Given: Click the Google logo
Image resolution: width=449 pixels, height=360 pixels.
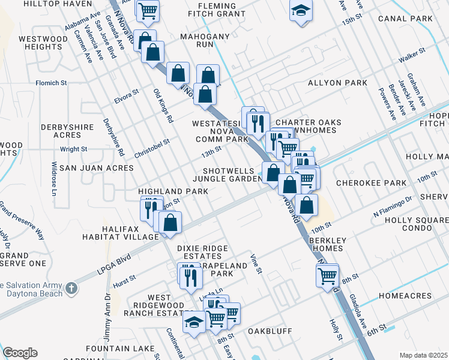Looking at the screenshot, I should click(x=20, y=353).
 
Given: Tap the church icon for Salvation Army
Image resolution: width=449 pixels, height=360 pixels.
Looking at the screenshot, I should click(x=71, y=289).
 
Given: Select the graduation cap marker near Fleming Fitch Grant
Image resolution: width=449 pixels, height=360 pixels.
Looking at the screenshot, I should click(x=301, y=10).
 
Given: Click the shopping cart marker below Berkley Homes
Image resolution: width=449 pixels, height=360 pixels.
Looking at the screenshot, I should click(x=327, y=276).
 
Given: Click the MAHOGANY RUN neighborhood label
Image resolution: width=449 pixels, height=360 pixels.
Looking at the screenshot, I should click(x=205, y=40).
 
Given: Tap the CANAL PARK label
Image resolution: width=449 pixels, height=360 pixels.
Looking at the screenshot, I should click(x=405, y=19).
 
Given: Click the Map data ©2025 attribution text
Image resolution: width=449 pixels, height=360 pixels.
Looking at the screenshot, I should click(x=423, y=355).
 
